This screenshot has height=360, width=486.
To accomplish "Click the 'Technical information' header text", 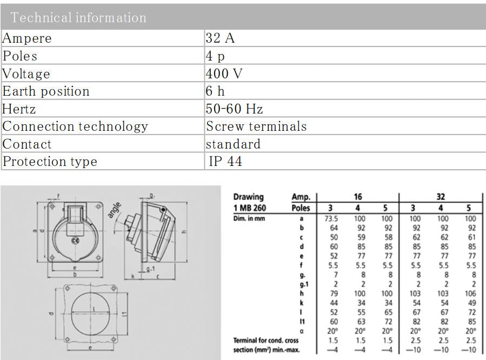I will [78, 18].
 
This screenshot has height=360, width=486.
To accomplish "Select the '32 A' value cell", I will [220, 38].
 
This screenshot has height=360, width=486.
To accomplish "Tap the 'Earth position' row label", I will [46, 91].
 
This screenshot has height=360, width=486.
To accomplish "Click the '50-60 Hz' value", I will [234, 109].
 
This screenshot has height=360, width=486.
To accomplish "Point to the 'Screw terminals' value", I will [256, 126].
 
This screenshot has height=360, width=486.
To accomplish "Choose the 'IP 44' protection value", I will [225, 162].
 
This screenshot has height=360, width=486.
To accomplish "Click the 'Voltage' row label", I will [26, 74].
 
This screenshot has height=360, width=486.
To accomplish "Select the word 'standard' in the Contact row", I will [233, 144].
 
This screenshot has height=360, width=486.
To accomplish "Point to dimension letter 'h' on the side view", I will [184, 232].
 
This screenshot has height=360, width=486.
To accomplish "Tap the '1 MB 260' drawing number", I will [250, 208].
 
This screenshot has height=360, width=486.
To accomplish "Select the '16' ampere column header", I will [357, 197].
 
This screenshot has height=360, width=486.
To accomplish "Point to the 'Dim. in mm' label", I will [249, 218].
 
